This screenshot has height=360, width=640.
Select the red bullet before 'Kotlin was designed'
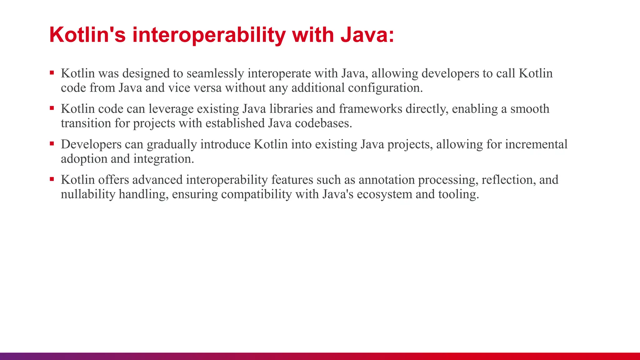[52, 73]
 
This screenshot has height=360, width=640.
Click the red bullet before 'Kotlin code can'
[52, 108]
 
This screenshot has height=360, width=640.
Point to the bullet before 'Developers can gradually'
[52, 144]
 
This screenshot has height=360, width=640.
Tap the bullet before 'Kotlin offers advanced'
[52, 179]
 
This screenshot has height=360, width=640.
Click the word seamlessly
[215, 73]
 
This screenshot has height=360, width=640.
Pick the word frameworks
[371, 109]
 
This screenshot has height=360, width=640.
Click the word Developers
[91, 144]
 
